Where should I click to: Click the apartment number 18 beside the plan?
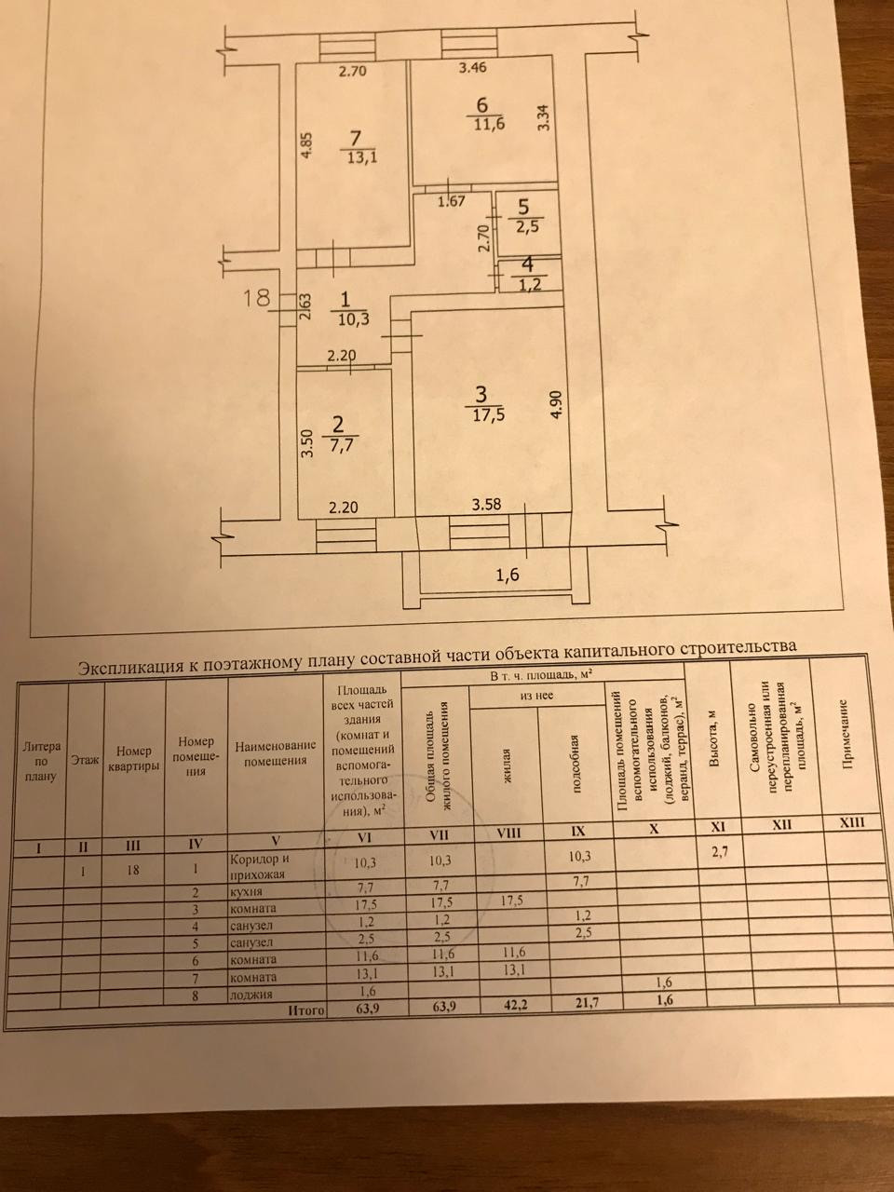(256, 299)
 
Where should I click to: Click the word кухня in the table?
(247, 893)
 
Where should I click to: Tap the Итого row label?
(305, 1009)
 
